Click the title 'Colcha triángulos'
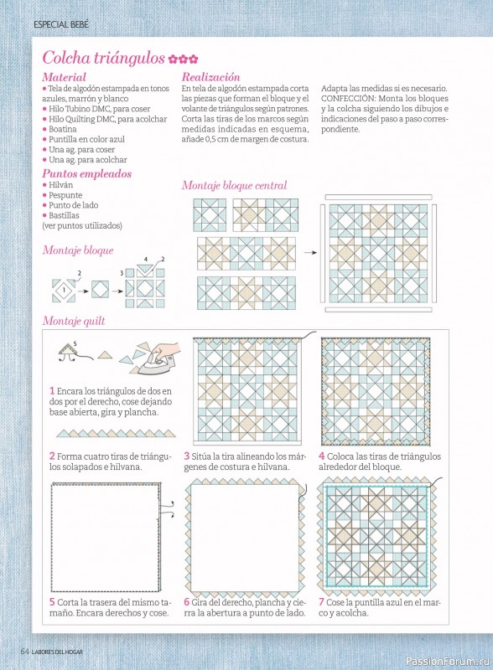(103, 58)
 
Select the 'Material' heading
(64, 77)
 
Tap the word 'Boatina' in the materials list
(63, 129)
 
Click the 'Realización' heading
(210, 77)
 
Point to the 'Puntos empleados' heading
(86, 174)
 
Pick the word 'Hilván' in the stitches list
(60, 184)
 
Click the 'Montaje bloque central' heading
(234, 185)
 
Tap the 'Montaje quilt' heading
(74, 321)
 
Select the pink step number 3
(187, 456)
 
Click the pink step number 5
(52, 602)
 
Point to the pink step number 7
(321, 602)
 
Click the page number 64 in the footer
(25, 652)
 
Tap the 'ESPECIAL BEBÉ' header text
(61, 25)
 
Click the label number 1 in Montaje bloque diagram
(64, 290)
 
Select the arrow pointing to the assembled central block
(310, 253)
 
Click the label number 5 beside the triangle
(75, 343)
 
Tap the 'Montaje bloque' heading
(78, 250)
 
